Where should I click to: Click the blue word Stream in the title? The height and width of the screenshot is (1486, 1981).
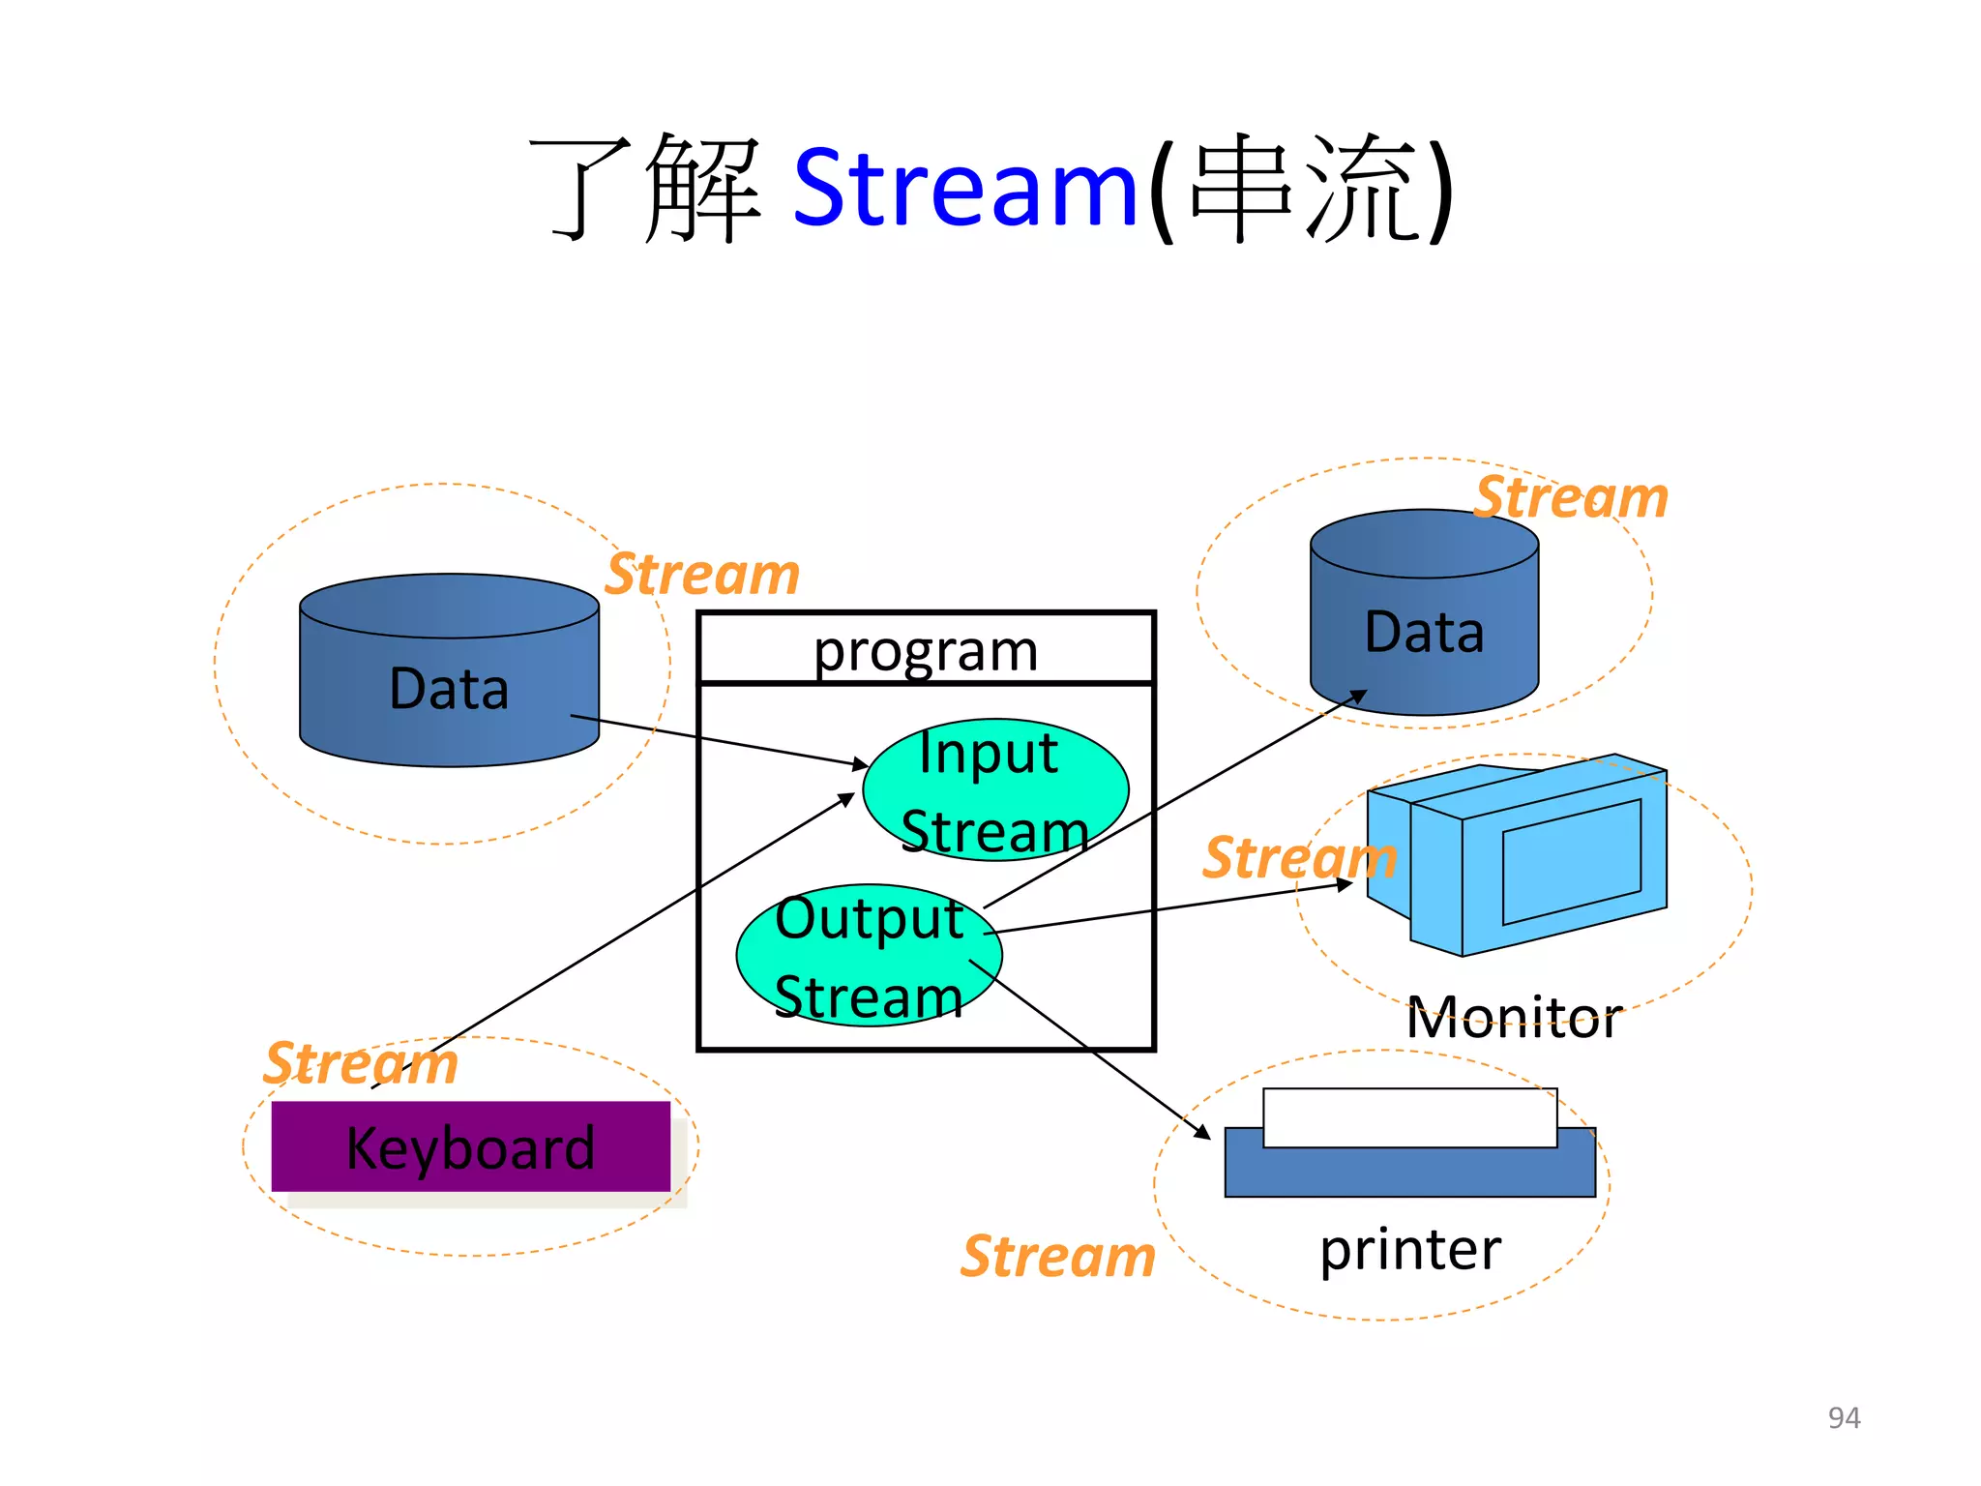pos(964,189)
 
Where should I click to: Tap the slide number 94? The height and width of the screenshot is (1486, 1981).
pos(1844,1417)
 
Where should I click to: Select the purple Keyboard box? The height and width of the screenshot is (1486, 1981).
pos(470,1147)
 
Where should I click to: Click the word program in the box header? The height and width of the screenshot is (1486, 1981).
pos(926,650)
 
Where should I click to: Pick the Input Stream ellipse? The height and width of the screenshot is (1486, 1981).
pos(994,790)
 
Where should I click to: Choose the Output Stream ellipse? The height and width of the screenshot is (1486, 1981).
pos(869,956)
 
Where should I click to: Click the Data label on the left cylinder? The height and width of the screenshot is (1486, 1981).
pos(449,689)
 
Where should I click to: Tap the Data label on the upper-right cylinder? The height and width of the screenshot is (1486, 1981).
pos(1424,633)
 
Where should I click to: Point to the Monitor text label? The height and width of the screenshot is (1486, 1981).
pos(1513,1018)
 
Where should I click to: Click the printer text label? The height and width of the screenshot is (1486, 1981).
pos(1410,1249)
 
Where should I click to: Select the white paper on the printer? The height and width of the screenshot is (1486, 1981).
pos(1409,1117)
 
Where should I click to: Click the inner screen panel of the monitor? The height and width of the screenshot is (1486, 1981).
pos(1571,862)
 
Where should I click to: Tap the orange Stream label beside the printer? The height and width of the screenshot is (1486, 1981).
pos(1058,1257)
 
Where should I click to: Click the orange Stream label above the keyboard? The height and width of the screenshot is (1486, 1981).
pos(361,1063)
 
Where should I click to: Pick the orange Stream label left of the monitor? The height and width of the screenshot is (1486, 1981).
pos(1299,857)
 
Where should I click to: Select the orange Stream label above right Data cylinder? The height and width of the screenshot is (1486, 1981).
pos(1572,497)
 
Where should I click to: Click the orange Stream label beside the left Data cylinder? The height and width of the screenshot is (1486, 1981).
pos(703,575)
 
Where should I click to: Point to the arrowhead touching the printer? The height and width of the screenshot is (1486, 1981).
pos(1203,1133)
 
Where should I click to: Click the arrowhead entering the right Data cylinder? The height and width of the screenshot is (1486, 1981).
pos(1359,696)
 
